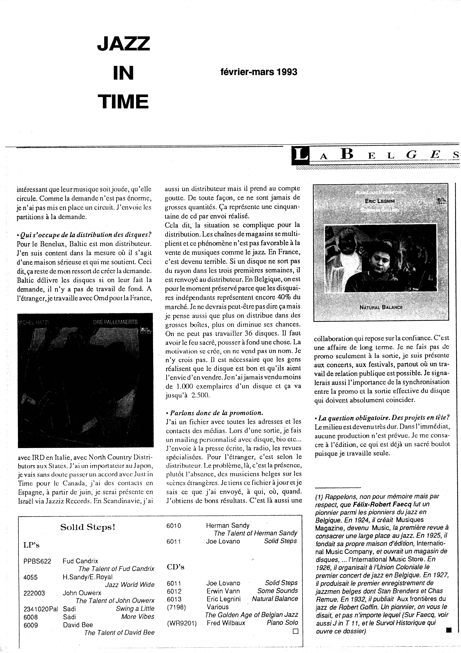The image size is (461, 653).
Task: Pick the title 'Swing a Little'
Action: [135, 609]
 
